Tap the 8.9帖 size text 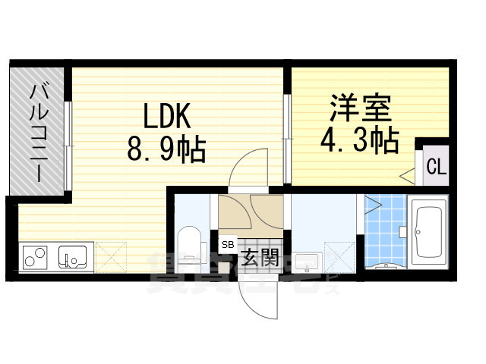pos(166,149)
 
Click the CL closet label pos(434,166)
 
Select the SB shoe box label pos(228,245)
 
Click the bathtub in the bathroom pos(431,233)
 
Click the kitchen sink pos(75,259)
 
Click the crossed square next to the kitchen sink pos(106,257)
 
